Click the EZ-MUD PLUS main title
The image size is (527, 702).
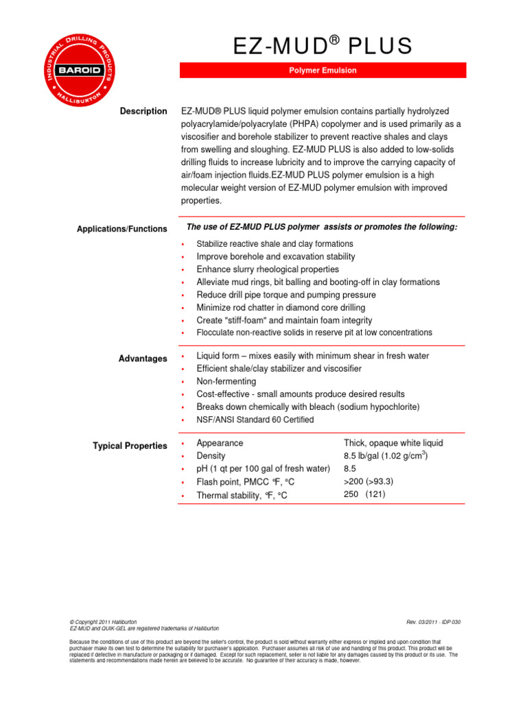click(x=323, y=46)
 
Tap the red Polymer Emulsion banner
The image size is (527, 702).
click(x=323, y=71)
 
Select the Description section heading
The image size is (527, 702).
click(x=143, y=111)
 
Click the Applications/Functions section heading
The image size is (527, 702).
click(x=121, y=229)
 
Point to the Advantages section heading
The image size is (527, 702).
click(x=142, y=359)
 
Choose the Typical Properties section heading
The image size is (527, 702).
click(x=130, y=446)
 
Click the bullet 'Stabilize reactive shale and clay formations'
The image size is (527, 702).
click(x=274, y=244)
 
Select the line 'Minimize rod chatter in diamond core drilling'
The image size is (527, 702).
click(x=281, y=308)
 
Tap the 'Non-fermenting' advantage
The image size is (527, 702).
click(x=226, y=381)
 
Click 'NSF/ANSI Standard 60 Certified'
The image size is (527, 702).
click(x=255, y=420)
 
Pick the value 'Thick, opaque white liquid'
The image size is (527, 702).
click(x=393, y=443)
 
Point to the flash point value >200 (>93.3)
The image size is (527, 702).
click(x=368, y=481)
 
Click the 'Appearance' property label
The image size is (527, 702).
click(x=220, y=443)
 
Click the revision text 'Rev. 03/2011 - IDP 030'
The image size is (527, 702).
click(x=433, y=622)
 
